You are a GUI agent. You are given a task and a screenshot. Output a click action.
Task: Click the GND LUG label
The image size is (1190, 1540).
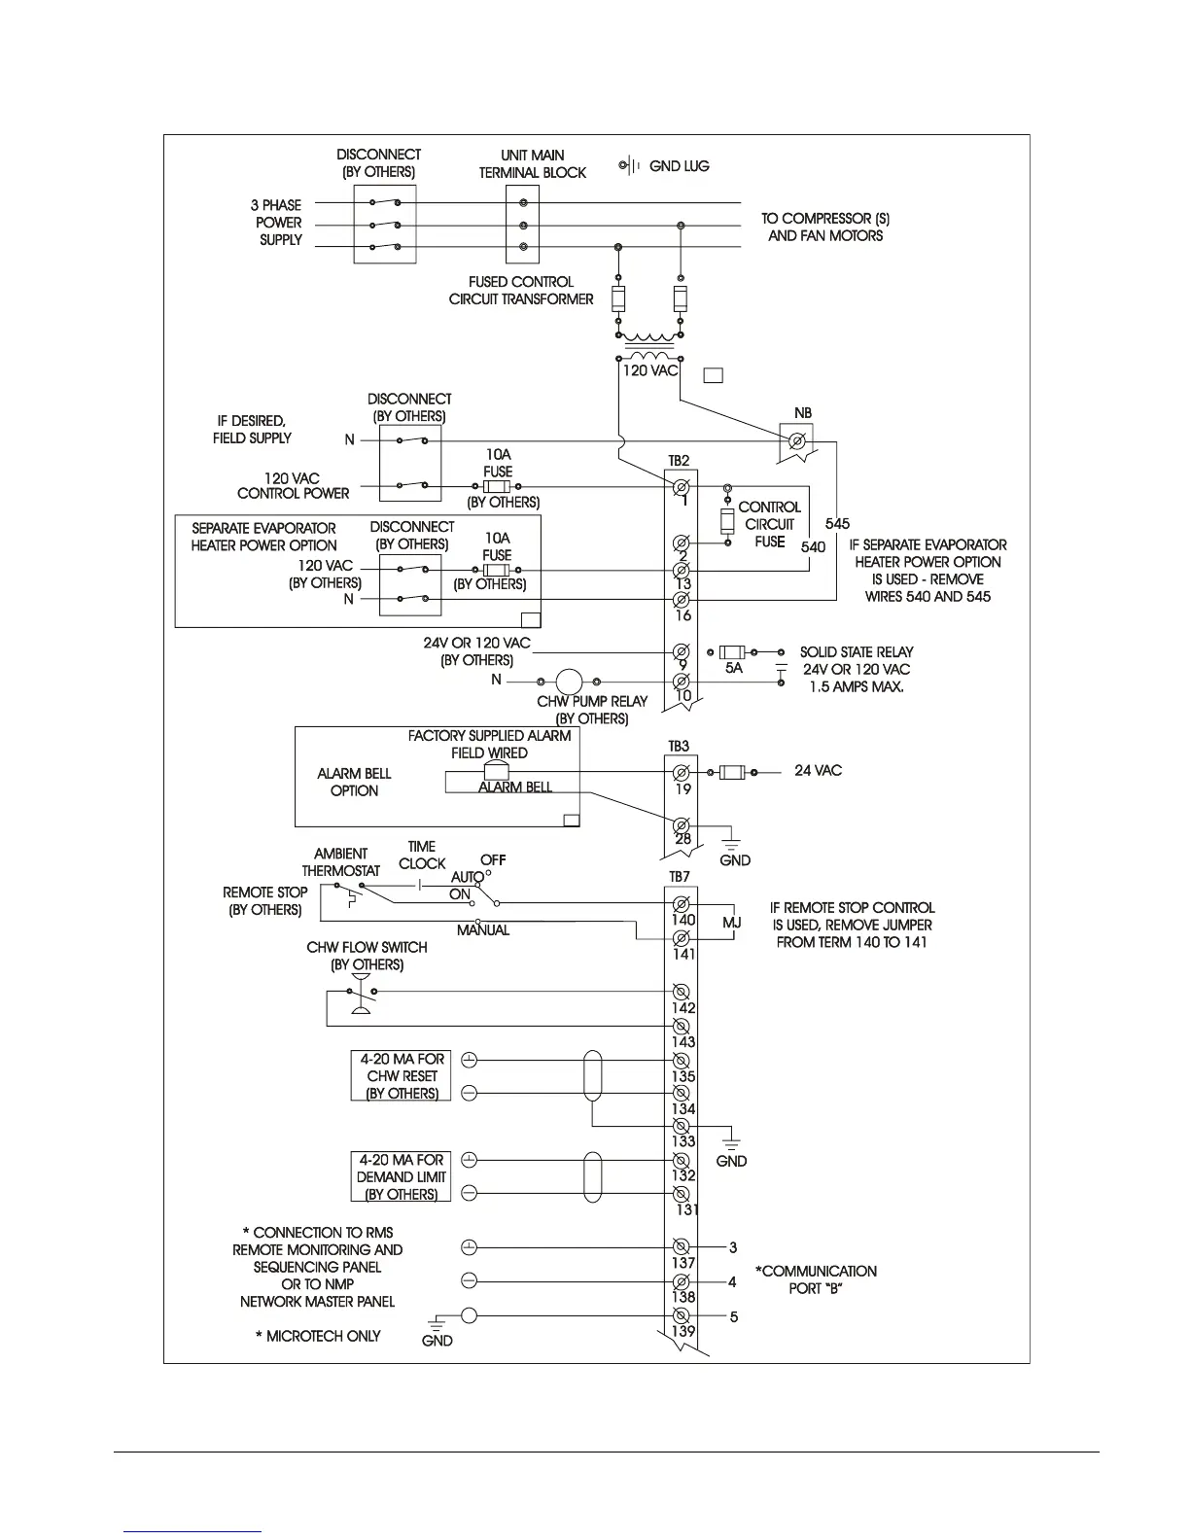click(679, 166)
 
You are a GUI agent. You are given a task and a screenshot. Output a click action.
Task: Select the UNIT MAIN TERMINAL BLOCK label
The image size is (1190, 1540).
click(532, 163)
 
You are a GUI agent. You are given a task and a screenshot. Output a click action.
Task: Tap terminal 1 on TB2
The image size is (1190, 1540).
click(682, 486)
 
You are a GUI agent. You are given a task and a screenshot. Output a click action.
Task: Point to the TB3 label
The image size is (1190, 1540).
click(679, 747)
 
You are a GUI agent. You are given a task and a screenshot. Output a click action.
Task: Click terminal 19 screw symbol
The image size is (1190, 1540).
click(682, 773)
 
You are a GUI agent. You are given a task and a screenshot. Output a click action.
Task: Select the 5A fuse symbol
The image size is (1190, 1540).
click(733, 652)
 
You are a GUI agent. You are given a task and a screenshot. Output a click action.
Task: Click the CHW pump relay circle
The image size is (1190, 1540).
click(568, 682)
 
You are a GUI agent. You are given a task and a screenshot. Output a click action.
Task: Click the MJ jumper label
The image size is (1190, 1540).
click(732, 922)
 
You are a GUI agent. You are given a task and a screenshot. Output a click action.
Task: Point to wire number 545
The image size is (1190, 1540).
click(837, 524)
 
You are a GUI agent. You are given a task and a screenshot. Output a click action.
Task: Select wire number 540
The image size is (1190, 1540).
click(813, 546)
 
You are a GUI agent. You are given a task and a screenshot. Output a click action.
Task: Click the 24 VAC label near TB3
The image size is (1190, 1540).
click(818, 771)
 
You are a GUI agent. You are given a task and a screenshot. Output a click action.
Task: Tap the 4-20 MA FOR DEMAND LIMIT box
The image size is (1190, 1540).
click(401, 1176)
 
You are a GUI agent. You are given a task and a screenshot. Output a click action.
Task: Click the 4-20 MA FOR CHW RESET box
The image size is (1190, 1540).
click(401, 1075)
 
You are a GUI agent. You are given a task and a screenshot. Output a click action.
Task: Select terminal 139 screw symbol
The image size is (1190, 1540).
click(682, 1316)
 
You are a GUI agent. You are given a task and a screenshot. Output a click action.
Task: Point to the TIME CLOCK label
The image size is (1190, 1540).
click(422, 855)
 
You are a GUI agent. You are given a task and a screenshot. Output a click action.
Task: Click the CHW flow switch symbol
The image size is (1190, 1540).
click(361, 997)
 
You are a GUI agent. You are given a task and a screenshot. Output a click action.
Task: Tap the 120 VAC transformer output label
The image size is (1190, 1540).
click(649, 371)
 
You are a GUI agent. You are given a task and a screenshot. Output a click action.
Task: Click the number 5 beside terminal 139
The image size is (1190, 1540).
click(734, 1317)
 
